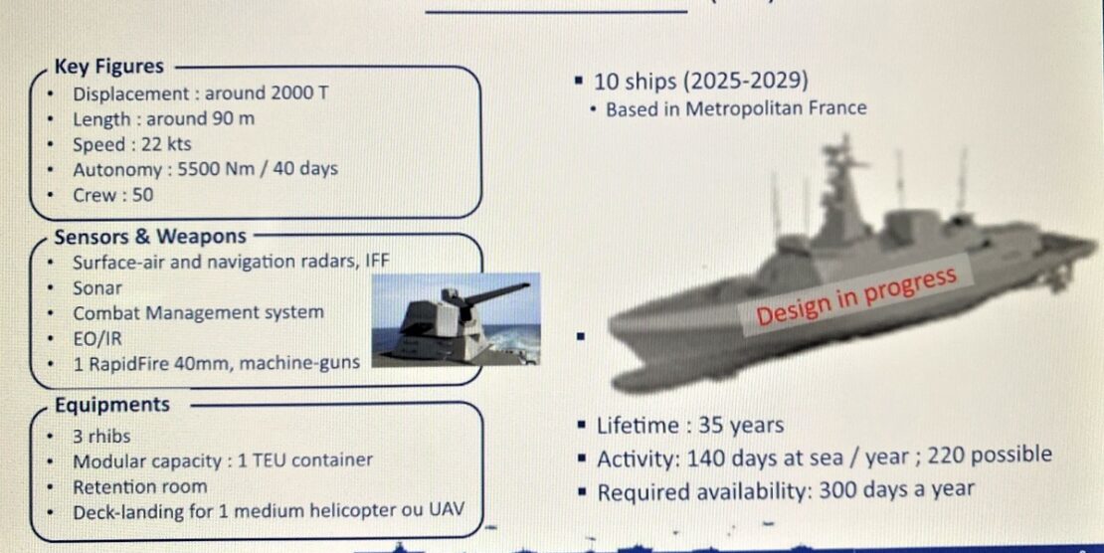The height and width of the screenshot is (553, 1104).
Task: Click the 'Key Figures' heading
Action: click(109, 67)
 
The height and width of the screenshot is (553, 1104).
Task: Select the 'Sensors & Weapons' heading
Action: click(150, 236)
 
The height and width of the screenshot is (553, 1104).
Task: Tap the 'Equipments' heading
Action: click(112, 405)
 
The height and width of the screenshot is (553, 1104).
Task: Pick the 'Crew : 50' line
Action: click(112, 195)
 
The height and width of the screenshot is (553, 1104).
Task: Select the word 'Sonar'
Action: click(97, 288)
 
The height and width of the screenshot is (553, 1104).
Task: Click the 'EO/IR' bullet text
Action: click(97, 339)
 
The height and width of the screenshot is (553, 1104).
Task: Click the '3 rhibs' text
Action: click(101, 437)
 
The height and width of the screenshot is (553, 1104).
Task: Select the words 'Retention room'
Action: click(140, 486)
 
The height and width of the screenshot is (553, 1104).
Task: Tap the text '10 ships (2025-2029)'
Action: click(700, 82)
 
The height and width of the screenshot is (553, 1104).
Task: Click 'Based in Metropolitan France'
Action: click(736, 109)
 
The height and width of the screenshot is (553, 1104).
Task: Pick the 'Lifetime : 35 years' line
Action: click(690, 427)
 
